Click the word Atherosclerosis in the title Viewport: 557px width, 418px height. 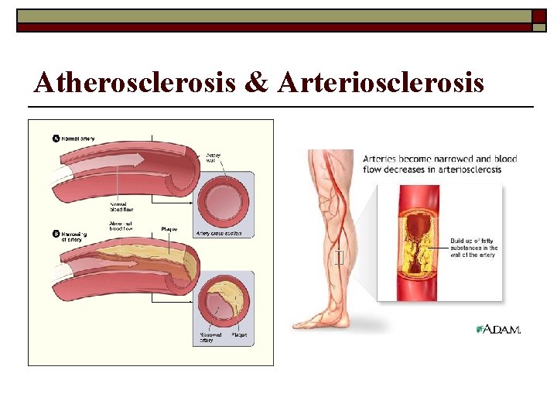click(x=136, y=82)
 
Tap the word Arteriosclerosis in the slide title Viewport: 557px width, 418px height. click(x=380, y=82)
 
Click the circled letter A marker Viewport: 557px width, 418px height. click(x=56, y=139)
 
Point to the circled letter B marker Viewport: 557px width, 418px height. click(x=56, y=233)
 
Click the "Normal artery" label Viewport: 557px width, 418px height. click(x=78, y=139)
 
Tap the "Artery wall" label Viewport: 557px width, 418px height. click(x=213, y=158)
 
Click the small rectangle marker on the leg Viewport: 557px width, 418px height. click(x=338, y=258)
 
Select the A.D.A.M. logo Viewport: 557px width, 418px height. click(x=499, y=329)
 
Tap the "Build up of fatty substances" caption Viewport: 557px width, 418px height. click(x=473, y=248)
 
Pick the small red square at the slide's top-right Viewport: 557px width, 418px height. click(x=538, y=15)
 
